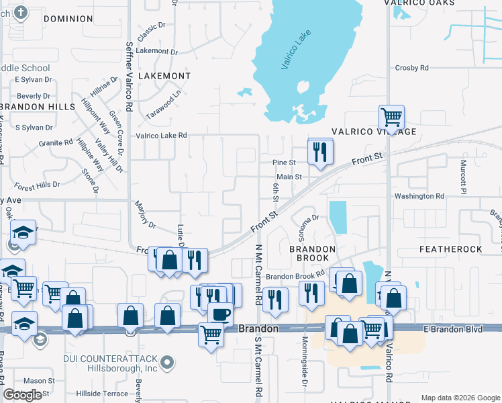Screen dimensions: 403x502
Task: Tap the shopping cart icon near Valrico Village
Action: [391, 118]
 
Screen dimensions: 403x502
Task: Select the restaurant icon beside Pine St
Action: [319, 151]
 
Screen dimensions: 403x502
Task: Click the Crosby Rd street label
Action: [412, 68]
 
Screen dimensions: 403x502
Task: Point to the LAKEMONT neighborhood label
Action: [164, 76]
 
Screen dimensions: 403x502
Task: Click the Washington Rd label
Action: [419, 196]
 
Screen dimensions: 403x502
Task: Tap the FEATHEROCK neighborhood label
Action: [450, 249]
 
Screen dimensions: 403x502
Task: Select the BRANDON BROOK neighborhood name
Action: [311, 249]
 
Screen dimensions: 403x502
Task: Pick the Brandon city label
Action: [258, 328]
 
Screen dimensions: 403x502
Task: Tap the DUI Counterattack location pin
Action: [168, 363]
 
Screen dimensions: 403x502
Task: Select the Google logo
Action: [22, 395]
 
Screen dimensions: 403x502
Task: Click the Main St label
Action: [289, 177]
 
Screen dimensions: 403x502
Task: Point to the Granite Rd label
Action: [55, 143]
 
